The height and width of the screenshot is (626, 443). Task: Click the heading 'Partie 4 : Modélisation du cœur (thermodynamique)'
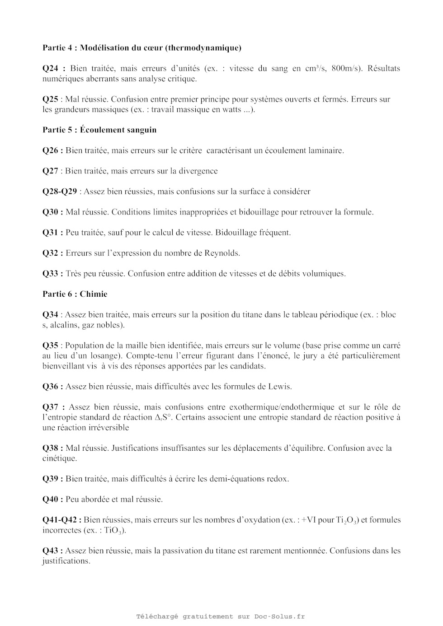(x=141, y=47)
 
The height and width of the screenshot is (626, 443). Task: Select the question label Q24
(x=51, y=68)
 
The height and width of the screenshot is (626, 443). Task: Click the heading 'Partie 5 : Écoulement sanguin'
(x=99, y=130)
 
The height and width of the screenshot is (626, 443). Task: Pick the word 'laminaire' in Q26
(x=326, y=150)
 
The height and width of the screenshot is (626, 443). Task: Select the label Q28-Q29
(x=60, y=192)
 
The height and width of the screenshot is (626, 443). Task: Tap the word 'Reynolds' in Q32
(x=221, y=253)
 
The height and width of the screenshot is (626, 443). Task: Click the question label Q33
(x=51, y=273)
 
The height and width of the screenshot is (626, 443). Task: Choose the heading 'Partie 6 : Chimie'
(x=75, y=294)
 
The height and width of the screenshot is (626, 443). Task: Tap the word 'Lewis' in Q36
(x=280, y=387)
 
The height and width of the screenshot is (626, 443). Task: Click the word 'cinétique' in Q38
(x=59, y=458)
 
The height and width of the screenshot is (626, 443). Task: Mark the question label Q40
(x=51, y=499)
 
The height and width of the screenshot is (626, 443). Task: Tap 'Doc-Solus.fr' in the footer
(x=279, y=616)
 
